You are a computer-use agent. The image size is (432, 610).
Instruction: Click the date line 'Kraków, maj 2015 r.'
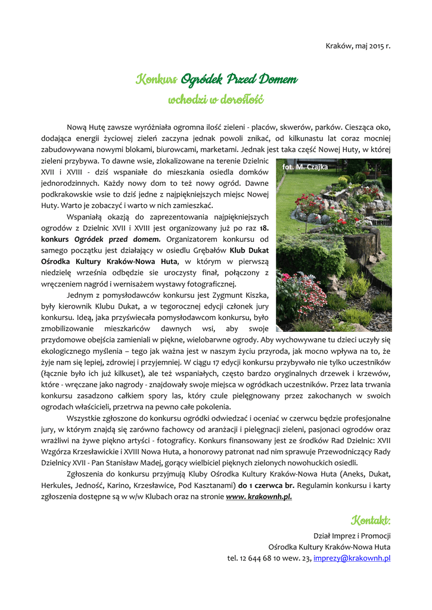point(358,45)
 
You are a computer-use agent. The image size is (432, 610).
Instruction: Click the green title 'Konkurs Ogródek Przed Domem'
point(217,79)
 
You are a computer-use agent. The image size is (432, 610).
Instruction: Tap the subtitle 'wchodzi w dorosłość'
point(216,99)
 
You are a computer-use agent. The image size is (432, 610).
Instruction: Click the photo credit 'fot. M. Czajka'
point(305,167)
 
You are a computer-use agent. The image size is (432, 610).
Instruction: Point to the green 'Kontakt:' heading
point(371,521)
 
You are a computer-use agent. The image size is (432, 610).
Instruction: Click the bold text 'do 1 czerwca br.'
point(269,485)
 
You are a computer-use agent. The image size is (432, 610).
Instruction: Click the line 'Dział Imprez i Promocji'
point(352,536)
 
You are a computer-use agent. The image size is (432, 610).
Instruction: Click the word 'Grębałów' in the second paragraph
point(209,250)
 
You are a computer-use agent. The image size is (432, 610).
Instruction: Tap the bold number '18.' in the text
point(264,228)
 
